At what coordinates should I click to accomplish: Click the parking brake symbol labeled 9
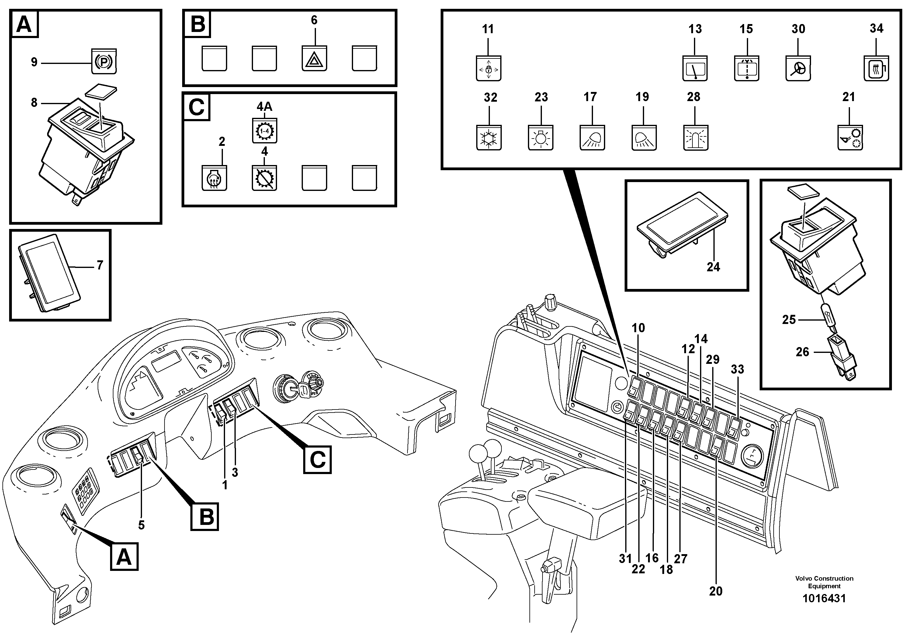[104, 62]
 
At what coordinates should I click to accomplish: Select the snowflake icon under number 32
[489, 139]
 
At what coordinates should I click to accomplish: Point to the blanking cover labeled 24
[682, 223]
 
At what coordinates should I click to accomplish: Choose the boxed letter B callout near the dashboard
[205, 516]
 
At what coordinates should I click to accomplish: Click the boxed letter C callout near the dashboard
[317, 459]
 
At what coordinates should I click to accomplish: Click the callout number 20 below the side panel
[716, 591]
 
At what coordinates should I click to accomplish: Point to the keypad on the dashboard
[85, 491]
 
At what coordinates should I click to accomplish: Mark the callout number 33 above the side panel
[737, 369]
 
